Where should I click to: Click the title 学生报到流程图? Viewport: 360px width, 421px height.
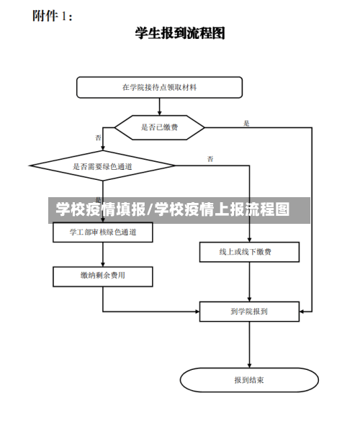[x=180, y=33]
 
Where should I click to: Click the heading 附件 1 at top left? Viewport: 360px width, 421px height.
[x=52, y=15]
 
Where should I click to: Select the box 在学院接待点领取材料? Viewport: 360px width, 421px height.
[x=159, y=87]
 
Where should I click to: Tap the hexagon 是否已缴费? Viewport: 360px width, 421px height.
[x=160, y=127]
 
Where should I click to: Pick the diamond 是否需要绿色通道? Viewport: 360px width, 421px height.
[x=103, y=166]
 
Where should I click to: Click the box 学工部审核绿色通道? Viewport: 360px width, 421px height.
[x=103, y=232]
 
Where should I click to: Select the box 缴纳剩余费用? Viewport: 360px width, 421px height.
[x=103, y=276]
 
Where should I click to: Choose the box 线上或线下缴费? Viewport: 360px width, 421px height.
[x=249, y=252]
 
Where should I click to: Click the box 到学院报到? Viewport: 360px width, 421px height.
[x=249, y=312]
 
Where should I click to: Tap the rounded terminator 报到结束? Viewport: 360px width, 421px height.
[x=249, y=379]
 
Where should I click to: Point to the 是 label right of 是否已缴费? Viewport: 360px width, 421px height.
[x=247, y=123]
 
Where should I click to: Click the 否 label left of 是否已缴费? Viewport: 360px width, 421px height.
[x=98, y=137]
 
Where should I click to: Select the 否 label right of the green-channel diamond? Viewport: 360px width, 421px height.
[x=210, y=158]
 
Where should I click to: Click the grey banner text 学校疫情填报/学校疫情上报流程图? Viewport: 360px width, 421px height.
[x=173, y=210]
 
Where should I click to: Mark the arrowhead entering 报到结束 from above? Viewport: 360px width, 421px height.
[x=249, y=366]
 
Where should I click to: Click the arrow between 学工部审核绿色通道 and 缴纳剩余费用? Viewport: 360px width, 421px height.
[x=103, y=254]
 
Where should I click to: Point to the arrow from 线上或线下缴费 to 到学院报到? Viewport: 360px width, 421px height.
[x=249, y=282]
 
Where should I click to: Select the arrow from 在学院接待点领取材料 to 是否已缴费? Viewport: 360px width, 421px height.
[x=159, y=107]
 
